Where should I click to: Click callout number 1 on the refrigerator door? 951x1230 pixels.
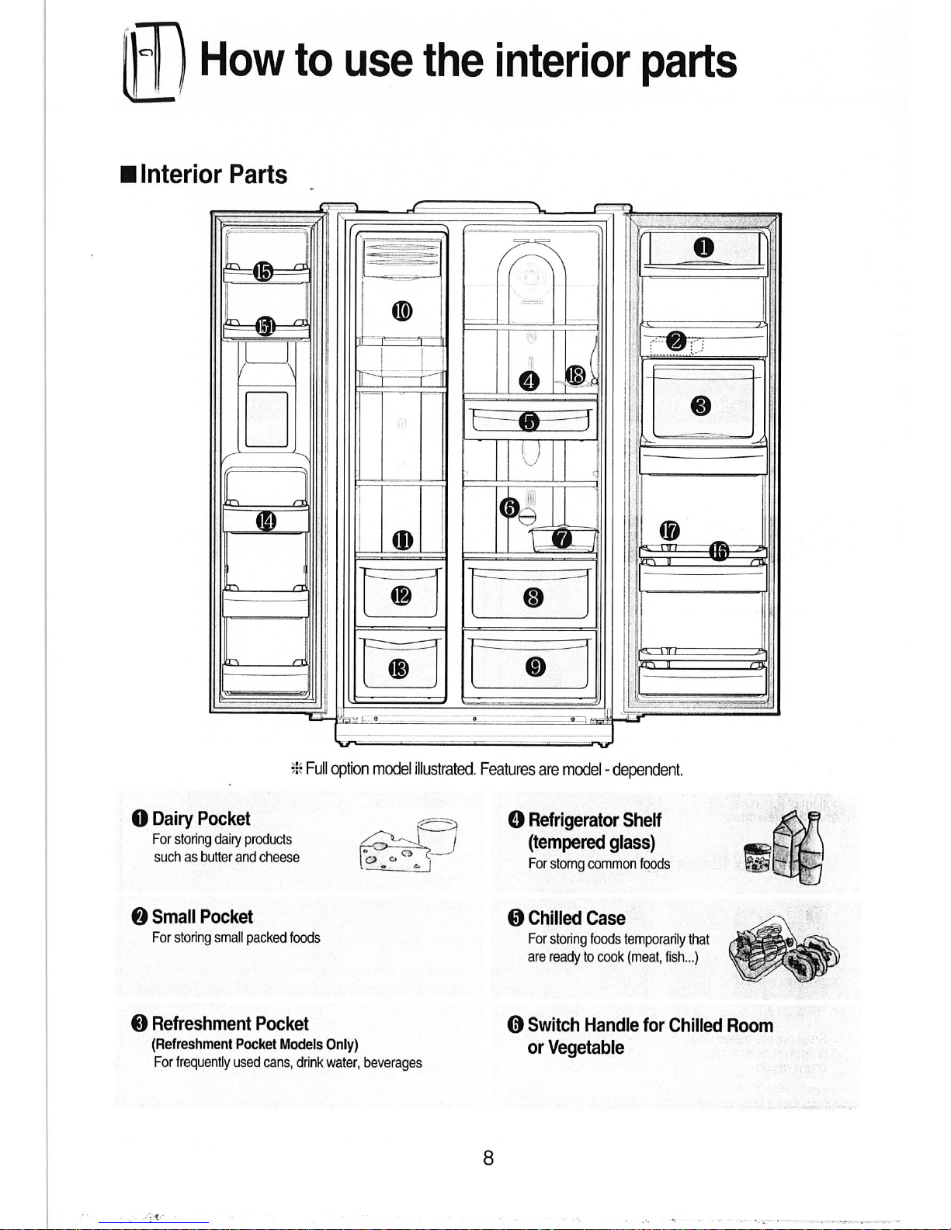(703, 248)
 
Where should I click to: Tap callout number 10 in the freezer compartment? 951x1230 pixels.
(401, 311)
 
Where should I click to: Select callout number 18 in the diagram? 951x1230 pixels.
(575, 375)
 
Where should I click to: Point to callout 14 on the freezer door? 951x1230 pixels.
(266, 521)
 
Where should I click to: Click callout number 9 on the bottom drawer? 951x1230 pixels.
(535, 667)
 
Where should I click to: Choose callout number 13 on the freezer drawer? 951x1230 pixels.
(398, 668)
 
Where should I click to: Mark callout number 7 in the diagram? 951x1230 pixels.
(562, 538)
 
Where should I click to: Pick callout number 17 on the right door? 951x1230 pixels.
(669, 531)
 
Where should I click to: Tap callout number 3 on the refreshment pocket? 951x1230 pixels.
(701, 405)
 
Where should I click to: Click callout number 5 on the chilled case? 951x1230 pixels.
(529, 421)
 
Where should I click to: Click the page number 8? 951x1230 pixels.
(488, 1158)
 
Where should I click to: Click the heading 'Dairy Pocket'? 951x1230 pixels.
(200, 819)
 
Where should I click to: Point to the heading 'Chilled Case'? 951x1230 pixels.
(576, 918)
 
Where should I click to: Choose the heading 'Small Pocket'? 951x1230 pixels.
(202, 916)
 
